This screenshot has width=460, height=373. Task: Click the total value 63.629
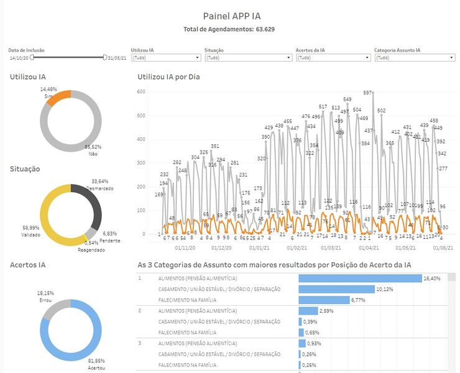(x=265, y=29)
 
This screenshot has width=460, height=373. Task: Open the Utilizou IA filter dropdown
(x=165, y=58)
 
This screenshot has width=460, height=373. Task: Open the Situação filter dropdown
(x=248, y=58)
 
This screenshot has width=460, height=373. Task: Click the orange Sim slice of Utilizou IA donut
(x=60, y=98)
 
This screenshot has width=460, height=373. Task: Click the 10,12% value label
(x=385, y=289)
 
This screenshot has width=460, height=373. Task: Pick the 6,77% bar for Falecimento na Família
(x=323, y=300)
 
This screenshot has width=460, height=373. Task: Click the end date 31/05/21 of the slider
(x=117, y=58)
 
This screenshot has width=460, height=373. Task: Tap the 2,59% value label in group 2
(x=326, y=310)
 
